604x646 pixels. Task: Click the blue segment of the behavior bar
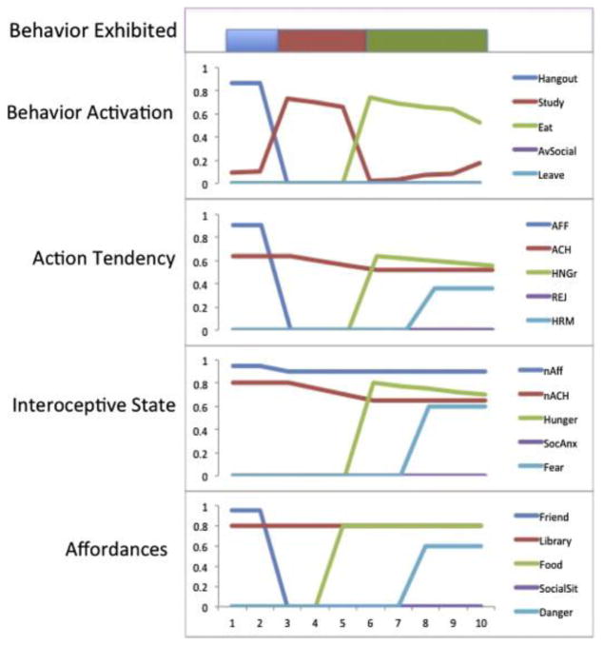251,41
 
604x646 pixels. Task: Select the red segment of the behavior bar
321,41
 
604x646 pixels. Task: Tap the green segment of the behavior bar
427,41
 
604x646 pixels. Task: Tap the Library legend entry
556,539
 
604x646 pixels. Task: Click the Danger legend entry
556,587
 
